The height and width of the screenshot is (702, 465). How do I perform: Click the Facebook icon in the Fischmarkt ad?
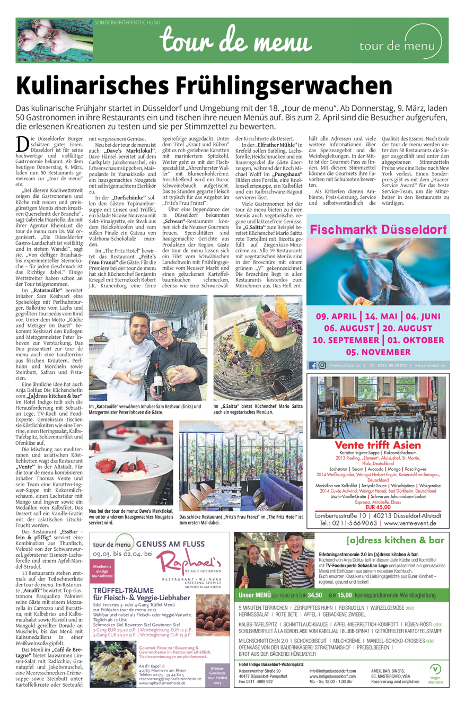click(312, 365)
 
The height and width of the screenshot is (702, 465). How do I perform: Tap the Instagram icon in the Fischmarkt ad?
click(322, 365)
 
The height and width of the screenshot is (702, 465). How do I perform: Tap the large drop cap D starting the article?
click(23, 145)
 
